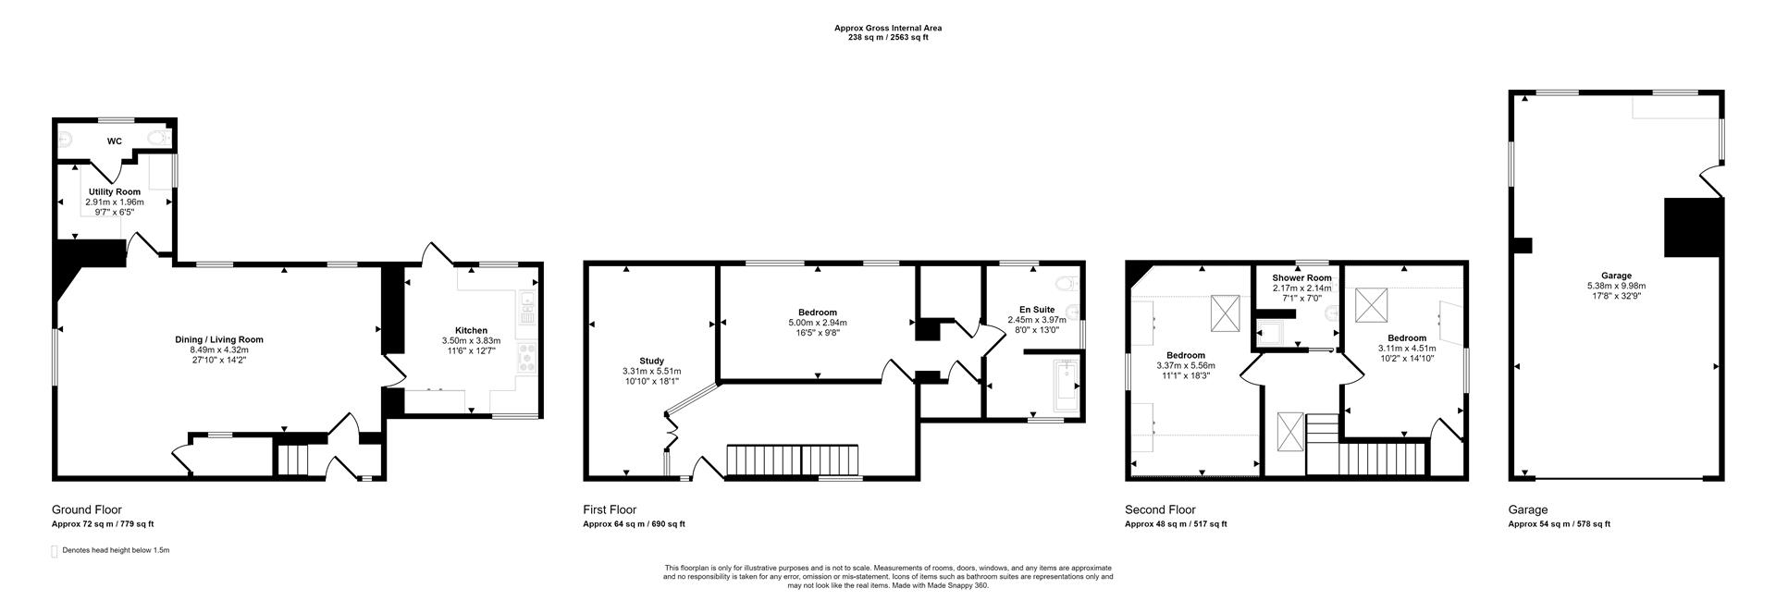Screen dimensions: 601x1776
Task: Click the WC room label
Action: pyautogui.click(x=115, y=141)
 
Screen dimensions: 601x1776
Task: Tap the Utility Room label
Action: pyautogui.click(x=114, y=191)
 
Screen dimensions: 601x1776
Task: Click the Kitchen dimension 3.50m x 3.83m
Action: pyautogui.click(x=471, y=340)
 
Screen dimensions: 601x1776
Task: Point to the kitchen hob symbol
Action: pyautogui.click(x=528, y=357)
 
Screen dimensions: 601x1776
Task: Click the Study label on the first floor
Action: pyautogui.click(x=651, y=361)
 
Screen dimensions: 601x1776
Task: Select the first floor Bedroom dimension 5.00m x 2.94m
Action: pyautogui.click(x=817, y=323)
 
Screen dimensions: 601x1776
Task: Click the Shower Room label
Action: pyautogui.click(x=1301, y=277)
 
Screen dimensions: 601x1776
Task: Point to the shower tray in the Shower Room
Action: pyautogui.click(x=1270, y=332)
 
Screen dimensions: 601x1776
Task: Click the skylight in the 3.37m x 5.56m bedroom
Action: pyautogui.click(x=1226, y=313)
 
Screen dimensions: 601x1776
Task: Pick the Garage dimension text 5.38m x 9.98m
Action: pyautogui.click(x=1616, y=287)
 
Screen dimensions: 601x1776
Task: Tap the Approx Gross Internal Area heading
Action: pyautogui.click(x=887, y=28)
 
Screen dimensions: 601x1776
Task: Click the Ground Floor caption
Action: pyautogui.click(x=86, y=509)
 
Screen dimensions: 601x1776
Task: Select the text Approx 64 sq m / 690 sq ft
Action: pyautogui.click(x=634, y=524)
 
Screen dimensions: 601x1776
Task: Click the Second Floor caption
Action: pyautogui.click(x=1160, y=509)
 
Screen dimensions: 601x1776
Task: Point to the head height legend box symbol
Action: pyautogui.click(x=55, y=551)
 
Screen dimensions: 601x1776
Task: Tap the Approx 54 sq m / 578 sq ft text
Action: pyautogui.click(x=1559, y=524)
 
